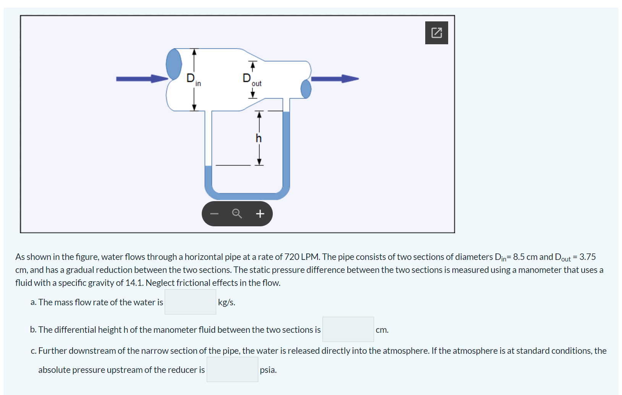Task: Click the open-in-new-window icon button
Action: coord(436,33)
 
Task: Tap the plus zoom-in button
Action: coord(260,214)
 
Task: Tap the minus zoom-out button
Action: coord(214,214)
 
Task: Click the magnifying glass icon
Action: coord(237,214)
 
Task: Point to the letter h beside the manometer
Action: coord(259,138)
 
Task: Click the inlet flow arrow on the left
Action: coord(141,79)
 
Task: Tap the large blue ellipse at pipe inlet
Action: coord(174,64)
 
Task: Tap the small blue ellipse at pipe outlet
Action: coord(306,89)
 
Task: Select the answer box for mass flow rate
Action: coord(190,302)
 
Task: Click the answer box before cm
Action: coord(348,329)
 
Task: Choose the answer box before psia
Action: coord(232,369)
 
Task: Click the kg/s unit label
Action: coord(227,302)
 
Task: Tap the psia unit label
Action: coord(268,370)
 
